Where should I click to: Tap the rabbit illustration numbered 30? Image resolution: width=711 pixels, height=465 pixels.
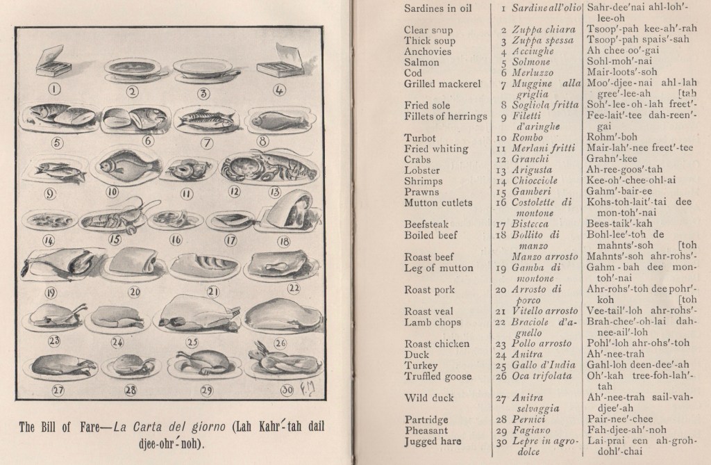coord(266,364)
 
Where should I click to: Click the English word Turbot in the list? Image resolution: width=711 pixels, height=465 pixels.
coord(420,138)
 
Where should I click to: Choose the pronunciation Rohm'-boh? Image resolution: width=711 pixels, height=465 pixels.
coord(611,138)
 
